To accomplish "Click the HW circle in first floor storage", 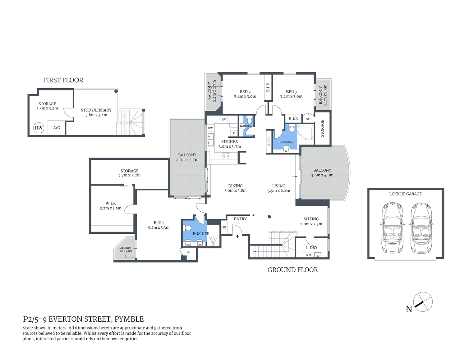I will point(39,128).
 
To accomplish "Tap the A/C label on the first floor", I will point(56,128).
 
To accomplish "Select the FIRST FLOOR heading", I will point(63,80).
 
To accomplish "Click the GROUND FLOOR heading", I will point(293,270).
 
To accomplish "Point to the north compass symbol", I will point(422,302).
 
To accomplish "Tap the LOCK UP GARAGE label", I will point(405,194).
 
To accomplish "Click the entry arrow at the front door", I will point(237,237).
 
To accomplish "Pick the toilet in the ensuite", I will point(187,228).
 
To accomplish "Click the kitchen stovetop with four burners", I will point(226,156).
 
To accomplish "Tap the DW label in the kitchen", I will point(210,128).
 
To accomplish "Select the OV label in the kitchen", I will point(224,119).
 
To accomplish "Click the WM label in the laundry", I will point(308,255).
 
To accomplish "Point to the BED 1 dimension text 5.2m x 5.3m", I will point(159,228).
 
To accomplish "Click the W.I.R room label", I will point(111,203).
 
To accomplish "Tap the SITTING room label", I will point(311,219).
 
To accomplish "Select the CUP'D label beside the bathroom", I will point(269,142).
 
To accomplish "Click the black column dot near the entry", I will point(269,217).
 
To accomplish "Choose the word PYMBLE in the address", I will point(129,319).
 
